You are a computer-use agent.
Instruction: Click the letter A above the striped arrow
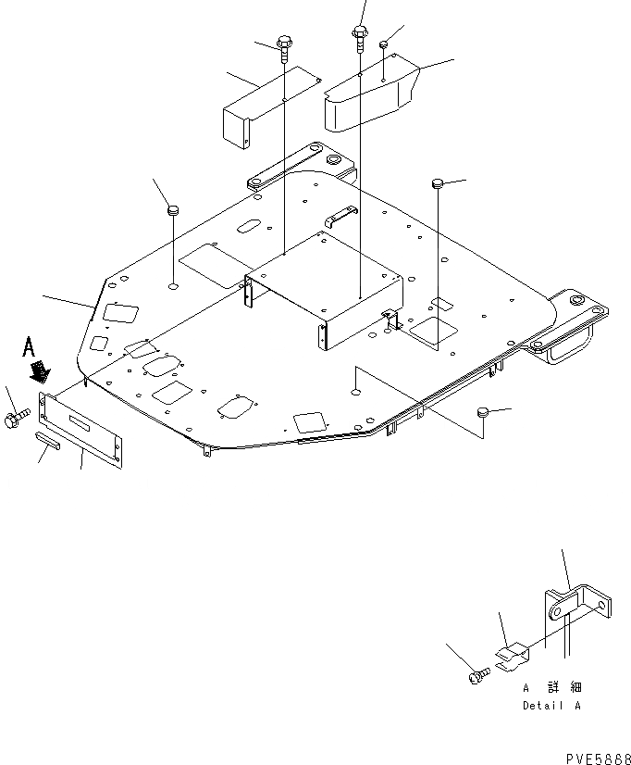tap(30, 349)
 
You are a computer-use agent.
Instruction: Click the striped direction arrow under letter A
tap(40, 371)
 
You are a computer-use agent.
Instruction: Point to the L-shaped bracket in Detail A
tap(577, 611)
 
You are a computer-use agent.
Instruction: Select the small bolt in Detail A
tap(480, 678)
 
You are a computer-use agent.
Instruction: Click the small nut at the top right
tap(383, 45)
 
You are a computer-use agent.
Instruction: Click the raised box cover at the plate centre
tap(324, 287)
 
